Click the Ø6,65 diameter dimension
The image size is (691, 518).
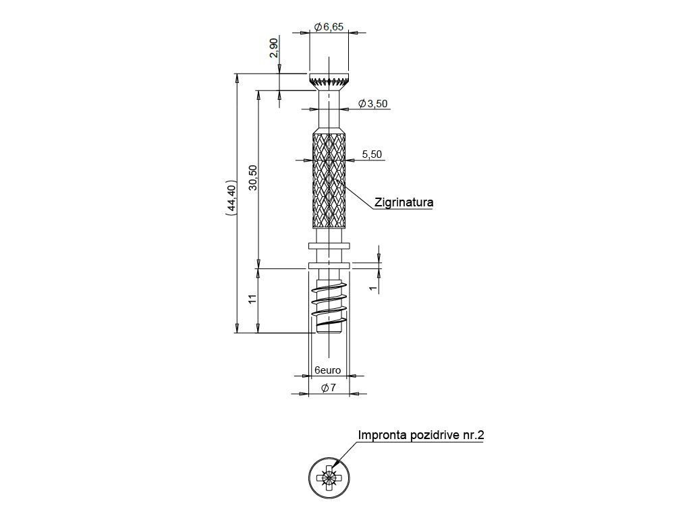(x=329, y=26)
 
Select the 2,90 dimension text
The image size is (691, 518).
(x=273, y=49)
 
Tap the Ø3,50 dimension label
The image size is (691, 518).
(x=372, y=103)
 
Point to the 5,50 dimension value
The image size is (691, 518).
(x=372, y=154)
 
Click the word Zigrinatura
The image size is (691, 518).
(x=403, y=202)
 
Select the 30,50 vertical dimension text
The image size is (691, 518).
(x=253, y=178)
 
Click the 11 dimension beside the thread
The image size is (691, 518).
(x=253, y=299)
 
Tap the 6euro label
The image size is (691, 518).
(x=327, y=370)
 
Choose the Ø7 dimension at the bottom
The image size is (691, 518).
(x=329, y=388)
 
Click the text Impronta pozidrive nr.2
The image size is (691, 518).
(x=421, y=435)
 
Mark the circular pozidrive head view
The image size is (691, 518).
(x=329, y=479)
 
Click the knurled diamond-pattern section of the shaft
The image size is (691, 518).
(x=329, y=181)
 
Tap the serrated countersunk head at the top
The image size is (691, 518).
(x=329, y=80)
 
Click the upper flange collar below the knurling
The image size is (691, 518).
(x=329, y=246)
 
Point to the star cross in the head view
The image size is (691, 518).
(x=329, y=479)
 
